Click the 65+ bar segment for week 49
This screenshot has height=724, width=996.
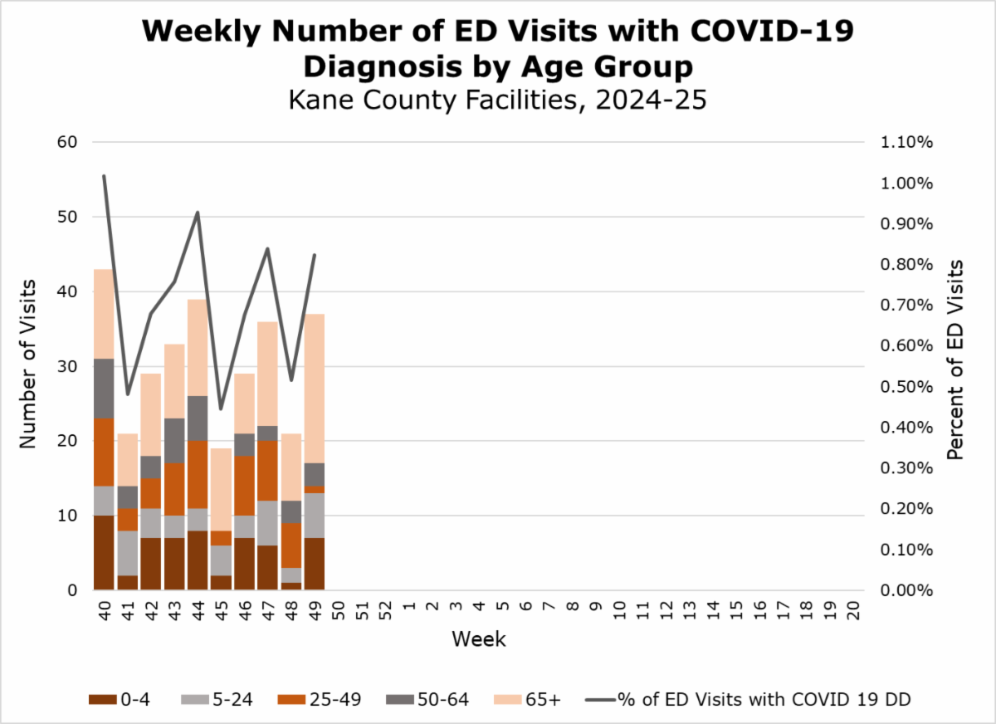coord(314,389)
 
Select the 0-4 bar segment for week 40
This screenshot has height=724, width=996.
coord(104,553)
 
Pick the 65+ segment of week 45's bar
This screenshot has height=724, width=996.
coord(221,489)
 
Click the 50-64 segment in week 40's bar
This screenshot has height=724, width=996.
coord(104,388)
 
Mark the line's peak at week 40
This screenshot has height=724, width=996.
coord(104,176)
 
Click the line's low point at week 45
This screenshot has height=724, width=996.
coord(221,408)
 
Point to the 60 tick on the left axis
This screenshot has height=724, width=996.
coord(66,142)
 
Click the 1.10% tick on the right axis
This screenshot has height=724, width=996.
coord(906,142)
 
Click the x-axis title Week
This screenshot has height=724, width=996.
coord(479,639)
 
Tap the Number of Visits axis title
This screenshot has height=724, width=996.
coord(27,365)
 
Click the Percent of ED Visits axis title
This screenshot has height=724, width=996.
coord(955,360)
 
